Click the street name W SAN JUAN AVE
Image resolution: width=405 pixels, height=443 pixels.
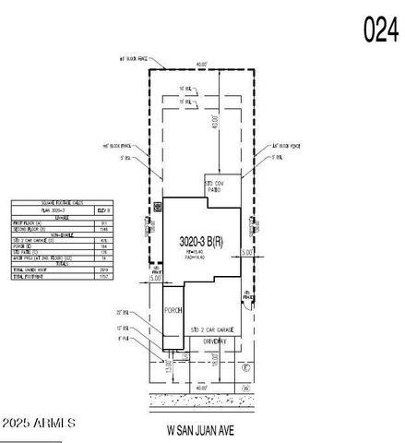(x=205, y=429)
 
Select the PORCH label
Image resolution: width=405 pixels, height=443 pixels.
(x=173, y=310)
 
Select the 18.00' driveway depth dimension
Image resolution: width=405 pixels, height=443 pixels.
(x=216, y=362)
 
